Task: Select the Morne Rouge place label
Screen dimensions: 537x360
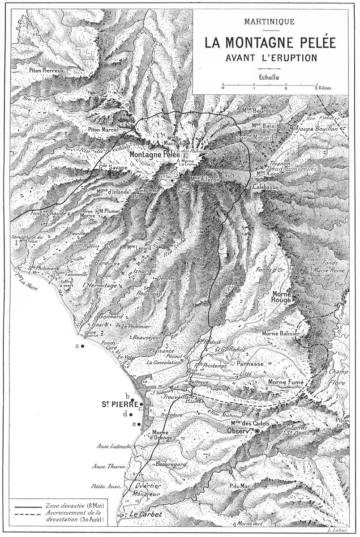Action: click(282, 297)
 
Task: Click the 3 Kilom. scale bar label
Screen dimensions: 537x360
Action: click(324, 89)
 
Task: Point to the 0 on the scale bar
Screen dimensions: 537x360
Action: click(223, 89)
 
